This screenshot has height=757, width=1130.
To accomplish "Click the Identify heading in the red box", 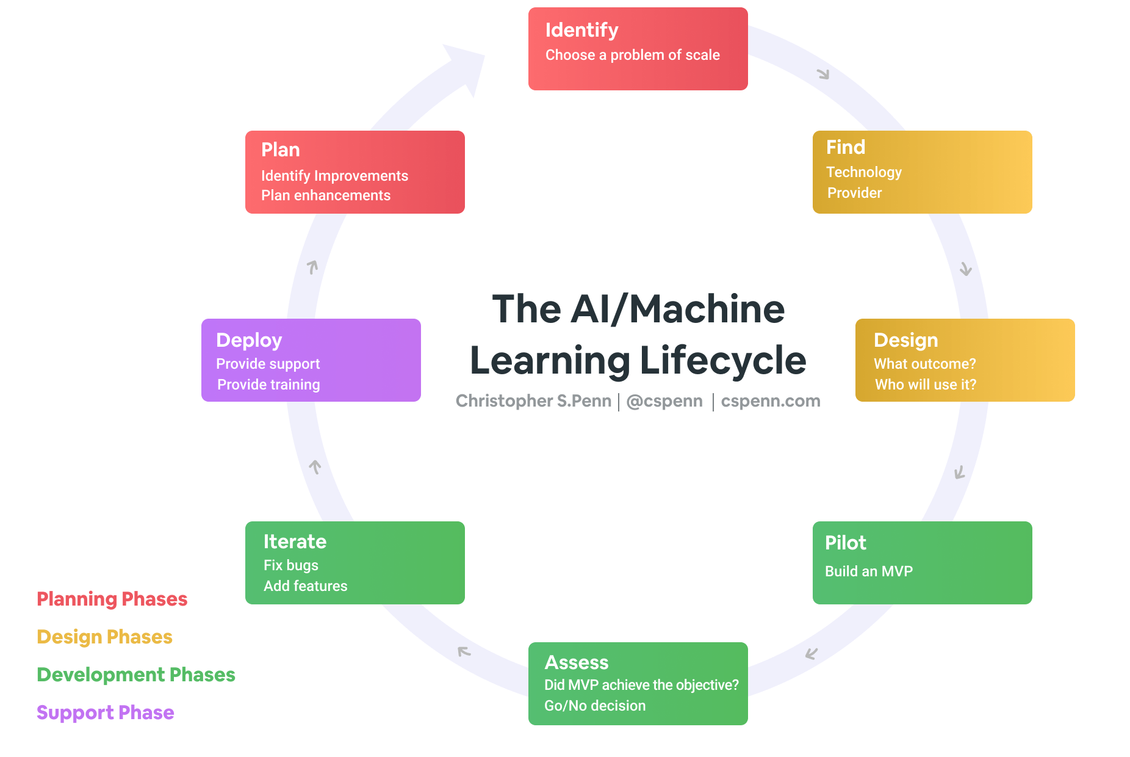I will pyautogui.click(x=581, y=30).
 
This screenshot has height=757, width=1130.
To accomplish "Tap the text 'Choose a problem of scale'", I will pyautogui.click(x=632, y=55).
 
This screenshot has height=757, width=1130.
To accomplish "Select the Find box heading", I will pyautogui.click(x=845, y=147).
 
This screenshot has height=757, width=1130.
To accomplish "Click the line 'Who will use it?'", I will pyautogui.click(x=925, y=385).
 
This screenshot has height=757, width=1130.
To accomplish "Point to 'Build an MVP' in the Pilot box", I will pyautogui.click(x=868, y=571).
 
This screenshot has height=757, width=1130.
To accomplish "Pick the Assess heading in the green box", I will pyautogui.click(x=576, y=662).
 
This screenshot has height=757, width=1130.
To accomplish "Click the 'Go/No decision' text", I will pyautogui.click(x=594, y=706).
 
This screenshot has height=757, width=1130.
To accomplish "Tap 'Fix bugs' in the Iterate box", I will pyautogui.click(x=290, y=565).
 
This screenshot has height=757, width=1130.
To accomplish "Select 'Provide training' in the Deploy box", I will pyautogui.click(x=268, y=385).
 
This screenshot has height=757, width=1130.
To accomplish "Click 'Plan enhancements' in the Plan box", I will pyautogui.click(x=325, y=195).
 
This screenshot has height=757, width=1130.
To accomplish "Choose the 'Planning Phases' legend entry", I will pyautogui.click(x=112, y=599).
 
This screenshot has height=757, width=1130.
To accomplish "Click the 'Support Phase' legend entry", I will pyautogui.click(x=105, y=712).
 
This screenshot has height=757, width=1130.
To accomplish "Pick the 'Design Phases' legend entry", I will pyautogui.click(x=104, y=637).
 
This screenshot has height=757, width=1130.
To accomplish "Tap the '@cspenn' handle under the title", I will pyautogui.click(x=664, y=401).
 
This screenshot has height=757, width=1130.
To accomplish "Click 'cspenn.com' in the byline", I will pyautogui.click(x=770, y=401).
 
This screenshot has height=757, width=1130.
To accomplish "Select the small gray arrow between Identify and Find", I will pyautogui.click(x=823, y=74).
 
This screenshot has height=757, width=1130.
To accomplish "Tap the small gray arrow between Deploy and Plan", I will pyautogui.click(x=312, y=267).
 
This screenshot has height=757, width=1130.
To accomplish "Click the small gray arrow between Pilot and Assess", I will pyautogui.click(x=811, y=654).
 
